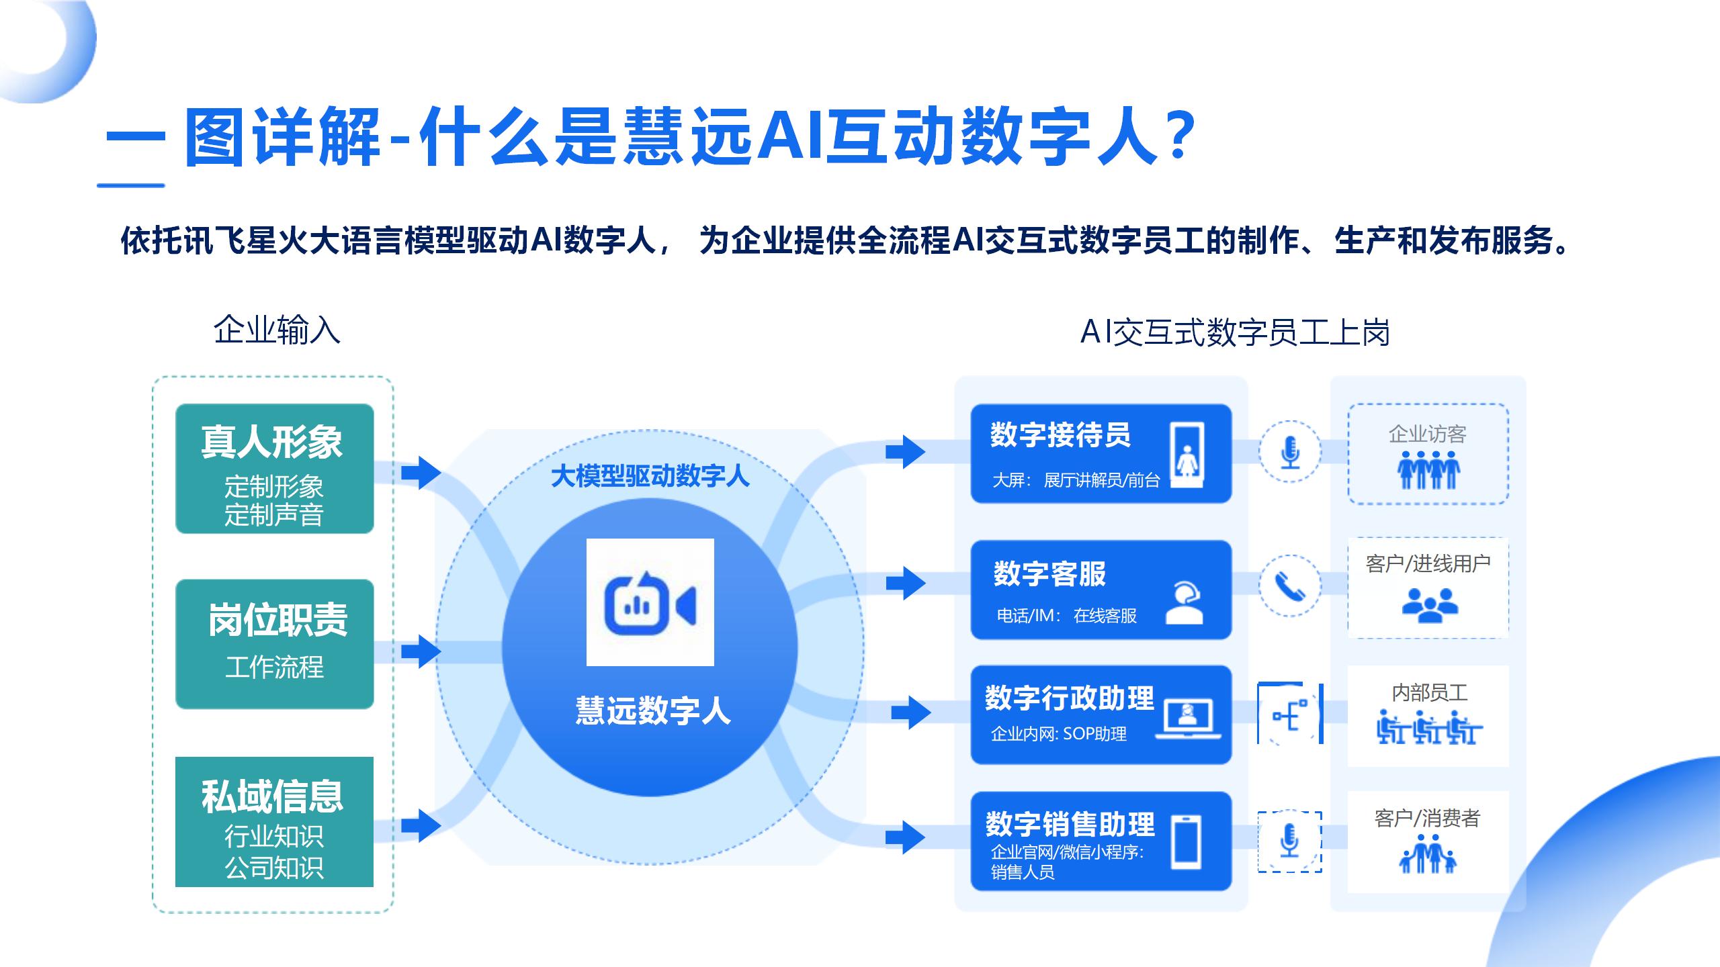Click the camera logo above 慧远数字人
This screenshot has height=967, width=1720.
coord(650,602)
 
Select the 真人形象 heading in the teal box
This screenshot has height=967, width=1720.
coord(272,442)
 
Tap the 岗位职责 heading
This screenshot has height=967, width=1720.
coord(277,620)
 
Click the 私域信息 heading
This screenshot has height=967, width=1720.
coord(272,796)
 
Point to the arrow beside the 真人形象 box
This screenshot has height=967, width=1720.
coord(421,473)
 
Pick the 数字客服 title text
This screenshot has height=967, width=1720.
coord(1049,573)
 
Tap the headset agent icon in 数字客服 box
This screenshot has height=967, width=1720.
coord(1184,602)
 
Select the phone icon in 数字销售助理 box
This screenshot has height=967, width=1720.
coord(1185,842)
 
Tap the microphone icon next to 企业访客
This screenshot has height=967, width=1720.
coord(1289,452)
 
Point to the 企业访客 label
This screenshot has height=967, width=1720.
coord(1427,434)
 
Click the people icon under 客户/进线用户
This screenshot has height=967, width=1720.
coord(1430,604)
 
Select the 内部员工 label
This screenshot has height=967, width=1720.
coord(1429,692)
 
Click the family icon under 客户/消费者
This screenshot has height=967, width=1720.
coord(1428,854)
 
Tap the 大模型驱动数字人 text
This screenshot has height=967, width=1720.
coord(650,476)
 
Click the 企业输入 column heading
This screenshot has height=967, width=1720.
coord(277,330)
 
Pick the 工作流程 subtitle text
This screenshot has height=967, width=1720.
coord(274,667)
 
